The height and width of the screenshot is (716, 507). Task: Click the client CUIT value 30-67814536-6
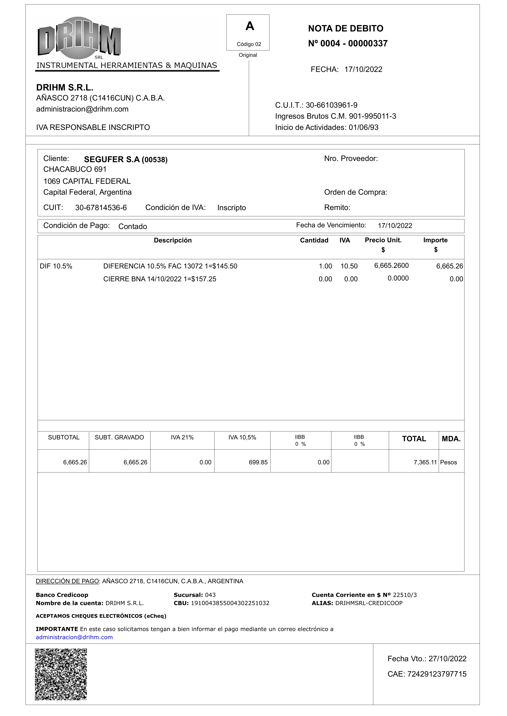101,208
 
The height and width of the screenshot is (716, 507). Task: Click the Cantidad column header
314,240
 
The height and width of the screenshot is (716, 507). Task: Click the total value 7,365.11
425,462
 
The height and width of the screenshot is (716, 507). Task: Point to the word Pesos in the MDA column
448,462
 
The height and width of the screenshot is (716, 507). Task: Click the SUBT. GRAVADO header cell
119,437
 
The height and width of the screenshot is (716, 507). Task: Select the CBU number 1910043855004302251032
230,603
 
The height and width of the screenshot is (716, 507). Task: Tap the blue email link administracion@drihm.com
74,637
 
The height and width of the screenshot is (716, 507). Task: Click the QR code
61,674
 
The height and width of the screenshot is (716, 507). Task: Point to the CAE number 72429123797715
437,674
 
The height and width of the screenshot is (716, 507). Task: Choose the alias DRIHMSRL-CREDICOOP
369,603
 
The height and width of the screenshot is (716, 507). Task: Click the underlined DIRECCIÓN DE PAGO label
67,581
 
